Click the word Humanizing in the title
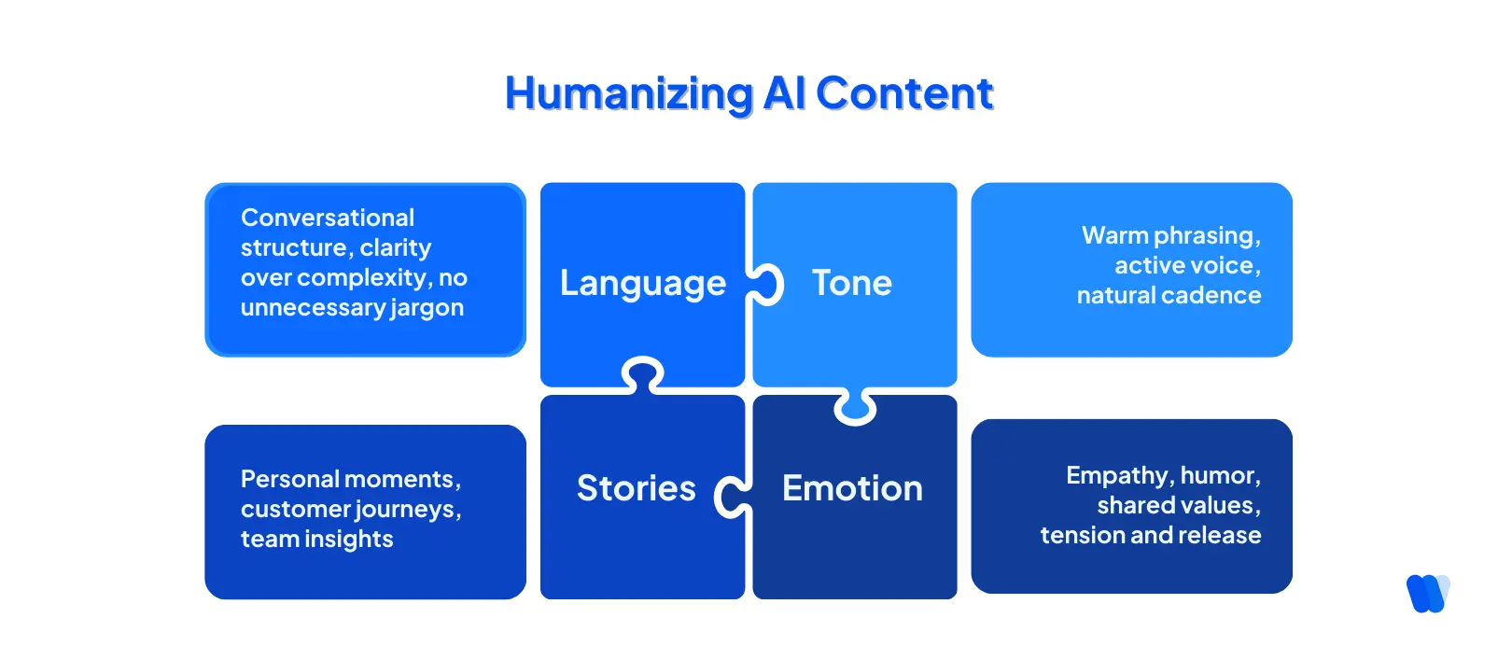tap(628, 94)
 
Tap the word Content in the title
tap(903, 93)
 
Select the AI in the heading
tap(784, 93)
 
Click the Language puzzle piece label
tap(642, 283)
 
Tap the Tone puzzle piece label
tap(851, 283)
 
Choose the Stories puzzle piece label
tap(636, 488)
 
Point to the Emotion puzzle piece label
tap(851, 488)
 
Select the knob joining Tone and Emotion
tap(855, 407)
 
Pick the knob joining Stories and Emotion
tap(732, 496)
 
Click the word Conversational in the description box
tap(327, 218)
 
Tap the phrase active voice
tap(1186, 266)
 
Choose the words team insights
tap(316, 540)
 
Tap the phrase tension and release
tap(1150, 536)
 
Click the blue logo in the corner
tap(1427, 593)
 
